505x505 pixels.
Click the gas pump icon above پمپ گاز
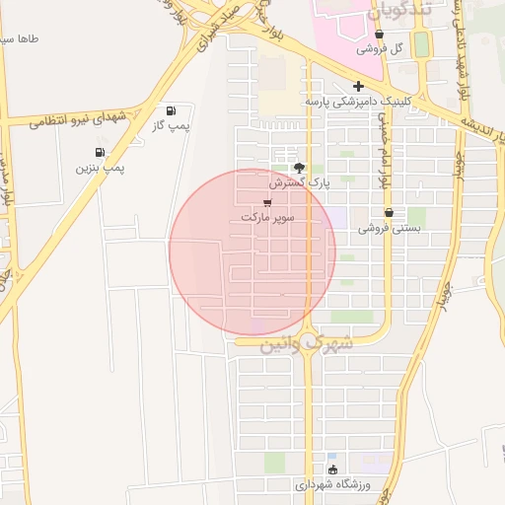click(x=173, y=109)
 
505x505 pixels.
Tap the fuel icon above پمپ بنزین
click(x=100, y=152)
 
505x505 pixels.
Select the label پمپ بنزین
click(x=102, y=169)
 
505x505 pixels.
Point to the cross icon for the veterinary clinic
click(x=358, y=86)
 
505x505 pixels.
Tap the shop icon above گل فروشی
click(x=379, y=34)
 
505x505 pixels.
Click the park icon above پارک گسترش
click(x=300, y=168)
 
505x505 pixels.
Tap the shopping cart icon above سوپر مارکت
click(x=267, y=202)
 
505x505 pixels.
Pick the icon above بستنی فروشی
click(x=389, y=212)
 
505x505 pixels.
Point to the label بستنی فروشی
click(x=389, y=228)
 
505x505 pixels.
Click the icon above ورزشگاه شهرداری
click(x=331, y=469)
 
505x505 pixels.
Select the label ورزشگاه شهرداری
click(x=331, y=485)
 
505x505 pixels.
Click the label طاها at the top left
click(x=21, y=40)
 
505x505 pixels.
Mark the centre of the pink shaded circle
click(x=252, y=252)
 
